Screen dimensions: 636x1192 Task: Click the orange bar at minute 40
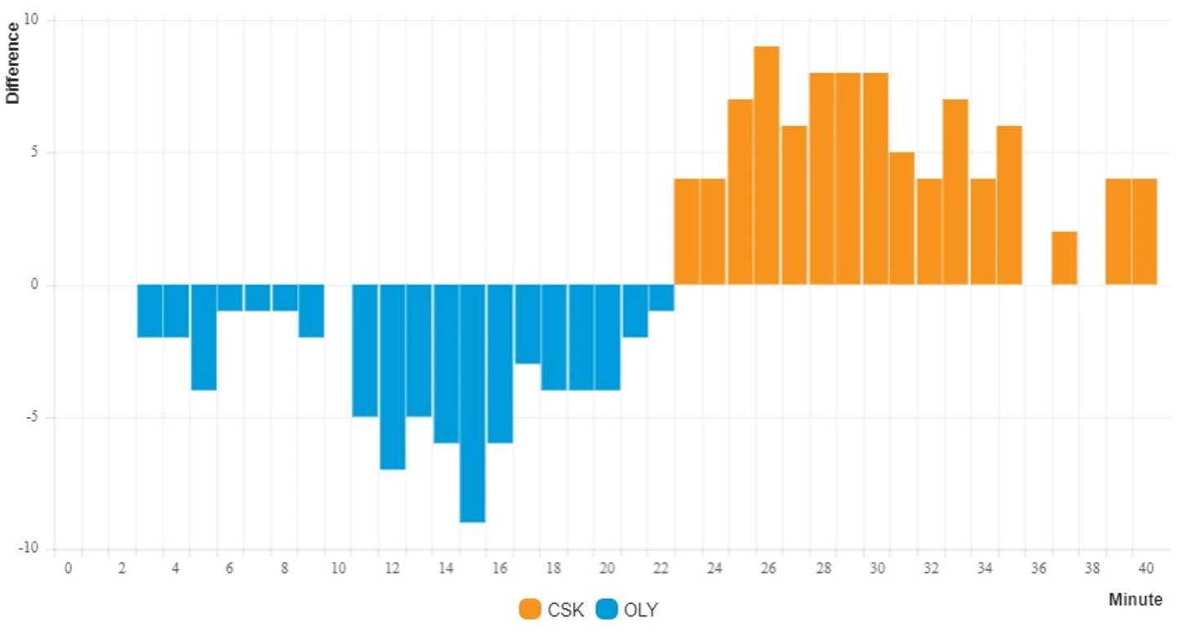click(x=1145, y=232)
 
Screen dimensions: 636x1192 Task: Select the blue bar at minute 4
click(x=176, y=311)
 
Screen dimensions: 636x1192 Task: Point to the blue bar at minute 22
click(x=661, y=298)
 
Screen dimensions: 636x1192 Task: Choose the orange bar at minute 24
click(x=713, y=232)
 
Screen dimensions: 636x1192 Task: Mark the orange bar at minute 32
click(x=929, y=232)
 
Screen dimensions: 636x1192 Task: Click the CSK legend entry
click(x=552, y=609)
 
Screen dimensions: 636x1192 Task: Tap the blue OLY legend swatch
click(x=607, y=609)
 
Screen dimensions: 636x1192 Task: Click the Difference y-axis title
click(x=13, y=63)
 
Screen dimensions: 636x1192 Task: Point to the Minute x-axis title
click(x=1135, y=600)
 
